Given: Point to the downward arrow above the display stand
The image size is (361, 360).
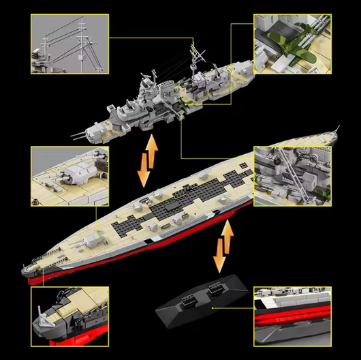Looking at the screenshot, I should click(219, 258).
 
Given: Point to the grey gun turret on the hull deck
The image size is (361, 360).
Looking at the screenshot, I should click(92, 239).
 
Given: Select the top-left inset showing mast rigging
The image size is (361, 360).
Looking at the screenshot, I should click(68, 45).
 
